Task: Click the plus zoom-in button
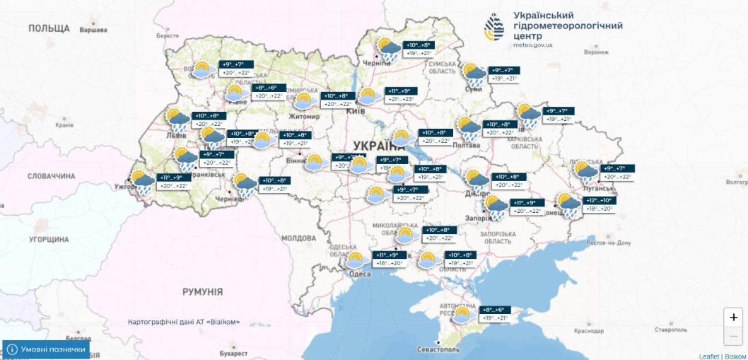[734, 318]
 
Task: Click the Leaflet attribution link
[709, 356]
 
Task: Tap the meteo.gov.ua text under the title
[533, 45]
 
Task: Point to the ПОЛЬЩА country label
[49, 28]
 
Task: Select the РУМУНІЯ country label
[202, 291]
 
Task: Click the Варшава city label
[93, 30]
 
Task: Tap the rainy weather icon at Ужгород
[143, 182]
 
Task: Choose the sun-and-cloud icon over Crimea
[463, 315]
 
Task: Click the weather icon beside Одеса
[355, 260]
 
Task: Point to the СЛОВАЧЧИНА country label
[51, 176]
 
